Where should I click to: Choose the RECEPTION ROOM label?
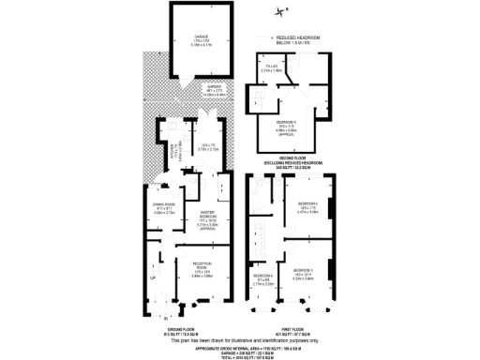(192, 271)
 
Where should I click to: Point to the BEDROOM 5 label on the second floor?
(290, 122)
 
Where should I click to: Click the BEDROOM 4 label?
(266, 277)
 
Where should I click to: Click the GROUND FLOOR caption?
(179, 329)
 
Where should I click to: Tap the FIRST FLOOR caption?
(292, 329)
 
